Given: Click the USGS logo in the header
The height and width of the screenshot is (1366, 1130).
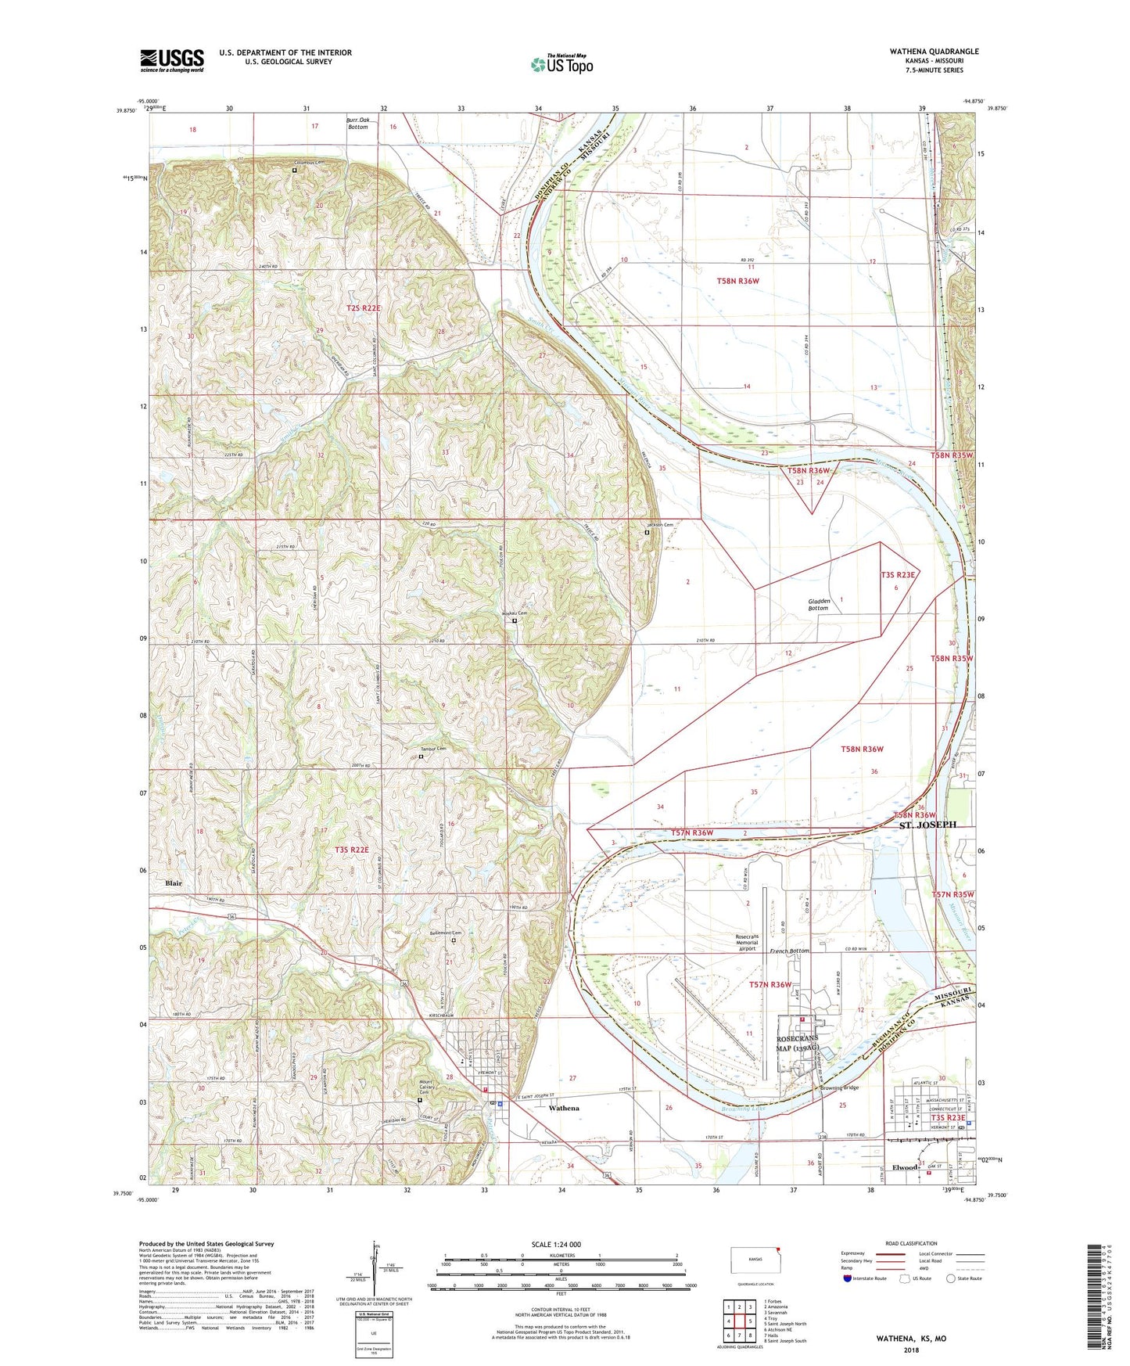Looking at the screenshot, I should (171, 60).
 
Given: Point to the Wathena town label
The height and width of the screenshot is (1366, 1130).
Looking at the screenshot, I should (564, 1108).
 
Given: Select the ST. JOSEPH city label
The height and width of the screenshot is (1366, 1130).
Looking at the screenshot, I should (927, 825).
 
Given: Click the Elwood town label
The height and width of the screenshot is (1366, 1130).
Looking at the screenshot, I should (906, 1167).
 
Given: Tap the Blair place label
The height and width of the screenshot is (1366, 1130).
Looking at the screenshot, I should (174, 883).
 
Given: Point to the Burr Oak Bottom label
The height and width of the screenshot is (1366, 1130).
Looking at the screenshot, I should (358, 123).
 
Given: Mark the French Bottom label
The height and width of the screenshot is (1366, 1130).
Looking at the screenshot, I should (789, 951).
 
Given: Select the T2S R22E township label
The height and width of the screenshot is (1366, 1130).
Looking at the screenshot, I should (364, 309).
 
